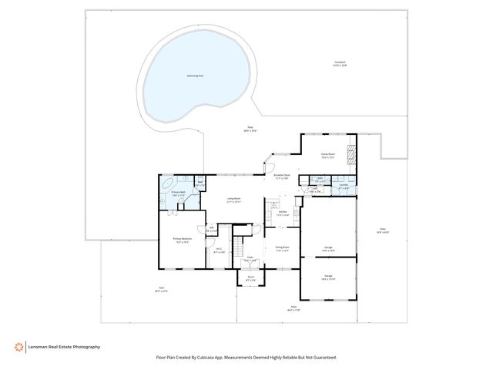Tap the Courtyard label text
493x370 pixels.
point(340,64)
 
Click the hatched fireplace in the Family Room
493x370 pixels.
point(351,154)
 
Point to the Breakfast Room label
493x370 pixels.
point(282,176)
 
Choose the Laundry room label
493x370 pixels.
point(344,186)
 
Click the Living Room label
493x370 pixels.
point(233,200)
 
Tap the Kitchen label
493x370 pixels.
point(282,214)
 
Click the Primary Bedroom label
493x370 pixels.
point(182,240)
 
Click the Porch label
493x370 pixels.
point(250,278)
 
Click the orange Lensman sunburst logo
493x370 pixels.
point(18,347)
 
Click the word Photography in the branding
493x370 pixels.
point(86,347)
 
